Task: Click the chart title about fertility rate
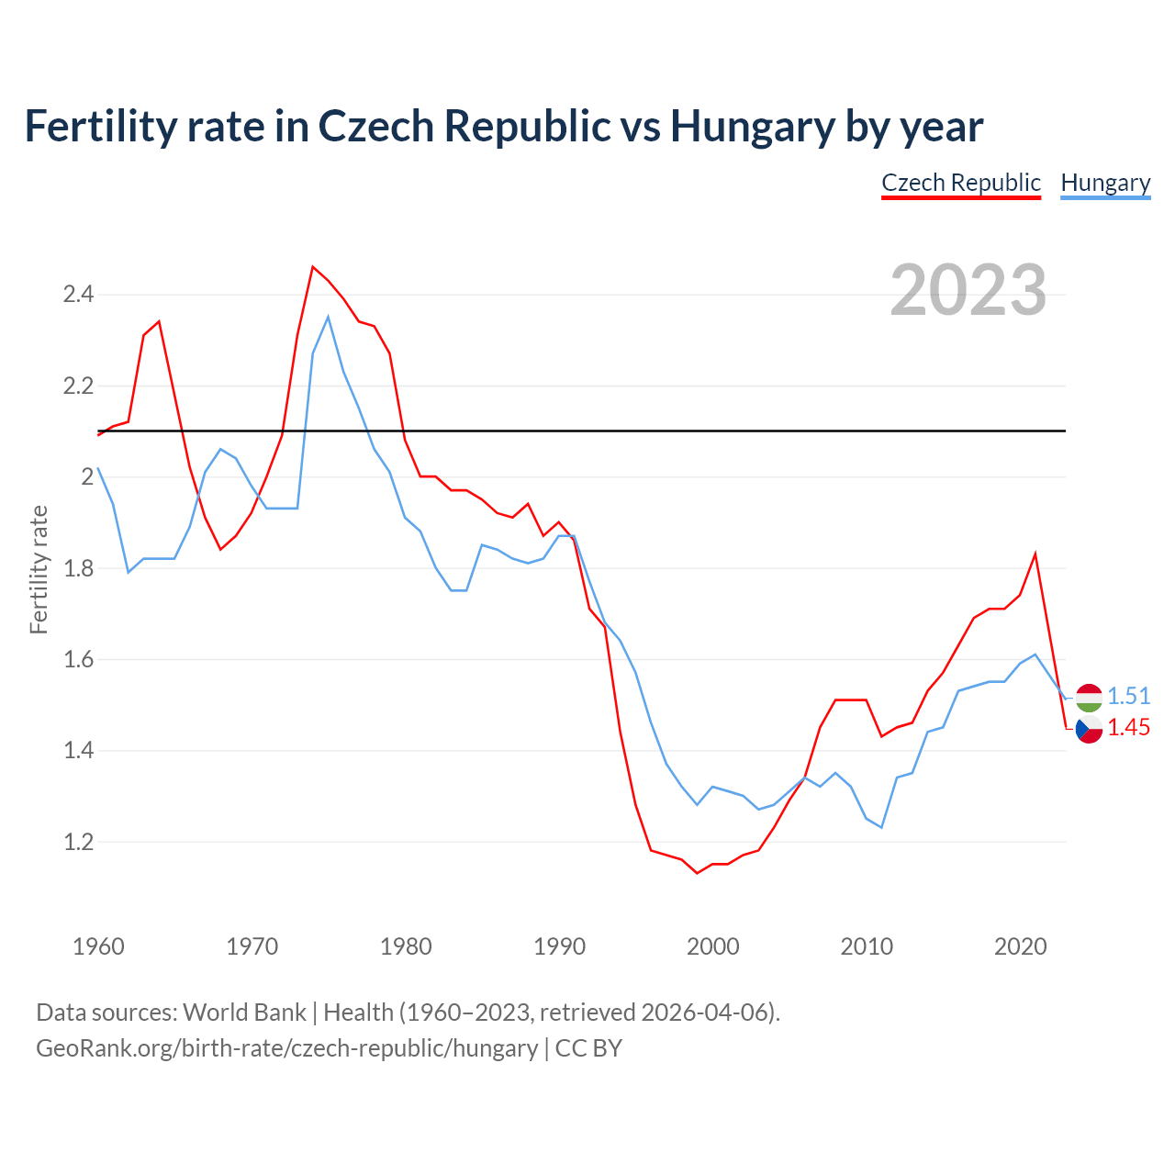503,126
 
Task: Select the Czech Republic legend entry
960,183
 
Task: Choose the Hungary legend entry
1105,183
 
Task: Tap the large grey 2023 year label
968,290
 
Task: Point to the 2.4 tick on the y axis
78,295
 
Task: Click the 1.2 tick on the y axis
78,842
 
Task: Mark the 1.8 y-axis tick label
78,568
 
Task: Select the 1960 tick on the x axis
98,946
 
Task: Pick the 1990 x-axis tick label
559,946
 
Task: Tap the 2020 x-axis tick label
1020,946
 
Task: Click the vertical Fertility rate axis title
39,569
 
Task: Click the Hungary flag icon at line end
1089,698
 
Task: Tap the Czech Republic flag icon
1089,730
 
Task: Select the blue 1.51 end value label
1128,696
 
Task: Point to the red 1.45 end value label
1128,728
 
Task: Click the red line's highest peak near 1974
313,267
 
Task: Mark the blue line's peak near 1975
328,317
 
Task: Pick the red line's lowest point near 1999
697,873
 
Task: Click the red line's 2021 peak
1035,554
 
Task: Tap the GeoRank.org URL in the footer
286,1048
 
